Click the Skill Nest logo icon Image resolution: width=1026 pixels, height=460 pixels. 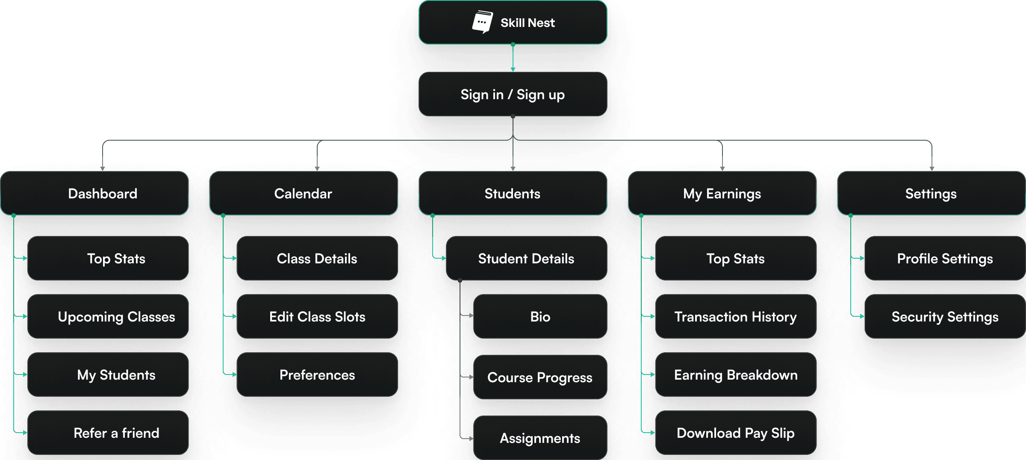pyautogui.click(x=482, y=22)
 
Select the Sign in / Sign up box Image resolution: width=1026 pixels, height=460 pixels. pyautogui.click(x=513, y=94)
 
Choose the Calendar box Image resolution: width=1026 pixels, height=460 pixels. pyautogui.click(x=304, y=194)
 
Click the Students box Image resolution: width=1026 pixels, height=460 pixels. pyautogui.click(x=513, y=194)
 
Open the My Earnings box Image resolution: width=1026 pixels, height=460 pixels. pyautogui.click(x=722, y=194)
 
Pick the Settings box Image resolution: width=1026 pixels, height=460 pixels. pyautogui.click(x=931, y=194)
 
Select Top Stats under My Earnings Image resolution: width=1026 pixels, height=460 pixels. pyautogui.click(x=736, y=259)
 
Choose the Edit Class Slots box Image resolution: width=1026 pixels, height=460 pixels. pyautogui.click(x=317, y=317)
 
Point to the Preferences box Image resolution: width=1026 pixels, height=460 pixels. pyautogui.click(x=317, y=375)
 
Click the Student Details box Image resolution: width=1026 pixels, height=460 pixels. pyautogui.click(x=526, y=259)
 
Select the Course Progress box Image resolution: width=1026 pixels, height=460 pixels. pyautogui.click(x=540, y=377)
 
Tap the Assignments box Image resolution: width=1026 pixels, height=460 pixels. pyautogui.click(x=540, y=438)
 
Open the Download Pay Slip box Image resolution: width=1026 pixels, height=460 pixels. pyautogui.click(x=736, y=433)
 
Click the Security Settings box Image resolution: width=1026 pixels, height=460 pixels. pyautogui.click(x=945, y=317)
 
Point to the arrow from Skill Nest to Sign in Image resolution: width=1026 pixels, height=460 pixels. pyautogui.click(x=513, y=58)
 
